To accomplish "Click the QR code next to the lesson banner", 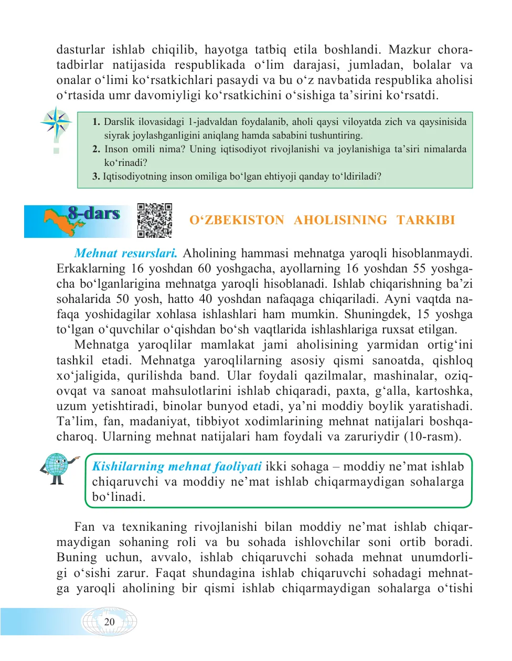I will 155,221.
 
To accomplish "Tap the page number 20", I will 109,622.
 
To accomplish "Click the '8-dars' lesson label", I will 94,213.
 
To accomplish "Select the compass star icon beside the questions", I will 56,123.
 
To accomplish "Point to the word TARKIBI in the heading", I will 425,220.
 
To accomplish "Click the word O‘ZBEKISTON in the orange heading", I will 237,220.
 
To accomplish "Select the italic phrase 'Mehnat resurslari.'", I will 126,253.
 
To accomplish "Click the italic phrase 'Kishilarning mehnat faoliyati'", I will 177,466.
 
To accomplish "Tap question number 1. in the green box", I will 96,122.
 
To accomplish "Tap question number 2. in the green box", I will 96,149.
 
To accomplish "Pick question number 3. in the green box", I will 96,176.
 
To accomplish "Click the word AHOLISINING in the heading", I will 340,220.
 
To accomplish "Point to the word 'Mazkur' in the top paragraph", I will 409,50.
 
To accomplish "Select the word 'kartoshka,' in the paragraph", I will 448,391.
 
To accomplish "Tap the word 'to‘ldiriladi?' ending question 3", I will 356,176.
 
